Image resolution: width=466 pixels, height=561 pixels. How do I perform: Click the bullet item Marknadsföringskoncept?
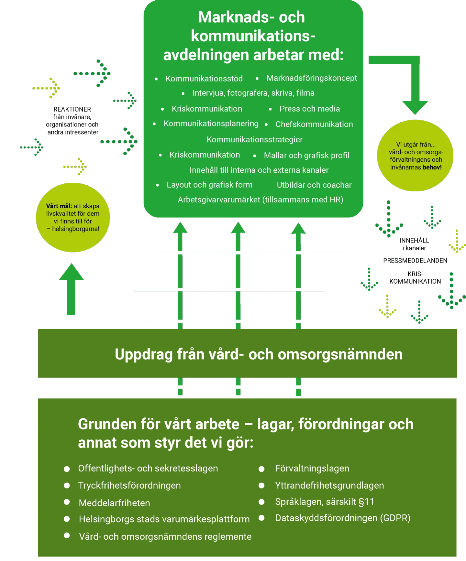pyautogui.click(x=312, y=78)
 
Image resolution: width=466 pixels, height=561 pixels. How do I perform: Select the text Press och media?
pyautogui.click(x=310, y=109)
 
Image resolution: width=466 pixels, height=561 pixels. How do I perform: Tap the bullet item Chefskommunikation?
pyautogui.click(x=314, y=124)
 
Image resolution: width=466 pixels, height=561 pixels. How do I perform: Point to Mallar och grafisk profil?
pyautogui.click(x=307, y=156)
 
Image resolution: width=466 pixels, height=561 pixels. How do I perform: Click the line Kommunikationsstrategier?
pyautogui.click(x=255, y=140)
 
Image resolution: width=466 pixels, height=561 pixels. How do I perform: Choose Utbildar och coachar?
pyautogui.click(x=314, y=185)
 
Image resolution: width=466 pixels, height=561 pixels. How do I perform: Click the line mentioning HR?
pyautogui.click(x=261, y=200)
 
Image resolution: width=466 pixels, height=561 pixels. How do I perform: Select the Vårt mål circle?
pyautogui.click(x=73, y=217)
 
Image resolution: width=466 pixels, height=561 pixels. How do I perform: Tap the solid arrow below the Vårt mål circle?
pyautogui.click(x=71, y=289)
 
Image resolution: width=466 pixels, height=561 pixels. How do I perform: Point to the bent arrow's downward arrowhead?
pyautogui.click(x=415, y=108)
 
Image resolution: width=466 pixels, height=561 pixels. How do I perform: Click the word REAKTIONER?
pyautogui.click(x=72, y=109)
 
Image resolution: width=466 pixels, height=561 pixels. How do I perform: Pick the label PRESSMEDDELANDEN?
pyautogui.click(x=415, y=261)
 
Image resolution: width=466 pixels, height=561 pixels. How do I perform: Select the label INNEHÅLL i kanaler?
pyautogui.click(x=414, y=244)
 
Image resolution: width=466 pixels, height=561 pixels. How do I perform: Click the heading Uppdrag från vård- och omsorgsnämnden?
pyautogui.click(x=259, y=354)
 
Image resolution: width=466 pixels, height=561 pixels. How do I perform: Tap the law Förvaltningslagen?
pyautogui.click(x=312, y=468)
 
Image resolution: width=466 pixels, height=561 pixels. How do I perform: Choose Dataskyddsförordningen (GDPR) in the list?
pyautogui.click(x=343, y=518)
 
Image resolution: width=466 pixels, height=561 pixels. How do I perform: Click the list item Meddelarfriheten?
pyautogui.click(x=115, y=503)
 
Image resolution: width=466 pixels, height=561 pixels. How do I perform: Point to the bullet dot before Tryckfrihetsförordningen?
pyautogui.click(x=67, y=485)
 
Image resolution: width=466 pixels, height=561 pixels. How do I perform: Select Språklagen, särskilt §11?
pyautogui.click(x=325, y=502)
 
